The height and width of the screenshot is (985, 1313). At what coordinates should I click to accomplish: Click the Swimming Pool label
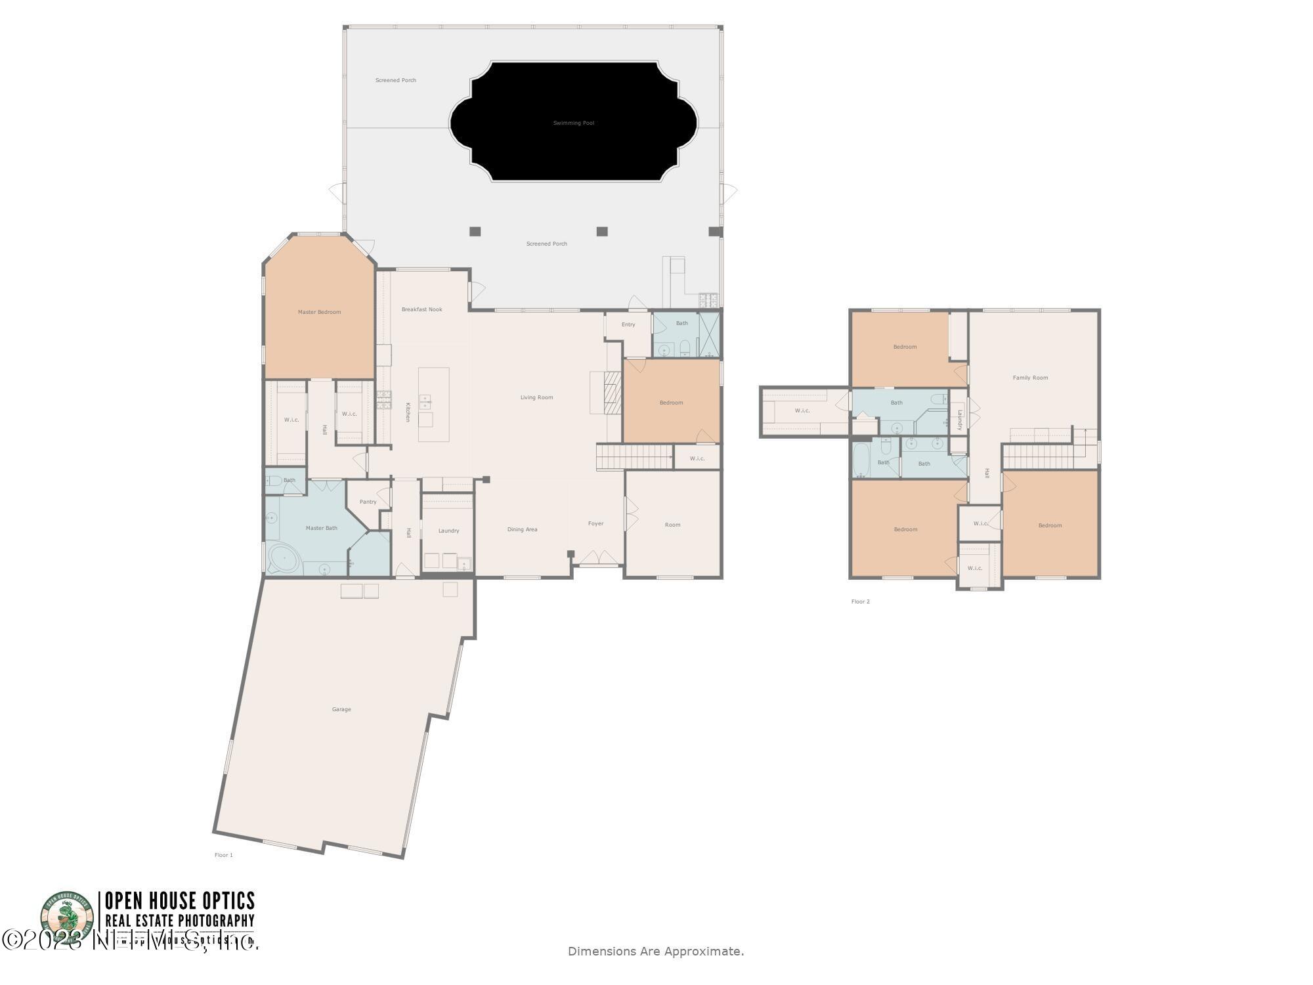click(573, 123)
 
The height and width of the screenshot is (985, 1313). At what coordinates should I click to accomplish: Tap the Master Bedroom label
click(319, 312)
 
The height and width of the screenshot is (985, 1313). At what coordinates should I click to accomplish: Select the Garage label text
click(341, 709)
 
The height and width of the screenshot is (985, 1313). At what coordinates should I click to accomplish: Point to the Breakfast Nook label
click(421, 309)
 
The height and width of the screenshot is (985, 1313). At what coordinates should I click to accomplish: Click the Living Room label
click(536, 397)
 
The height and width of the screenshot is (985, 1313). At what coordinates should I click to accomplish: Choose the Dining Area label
click(522, 529)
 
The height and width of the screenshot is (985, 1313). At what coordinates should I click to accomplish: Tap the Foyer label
click(595, 523)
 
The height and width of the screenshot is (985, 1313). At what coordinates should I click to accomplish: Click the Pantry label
click(368, 502)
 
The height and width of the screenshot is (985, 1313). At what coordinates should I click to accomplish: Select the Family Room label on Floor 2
click(1030, 378)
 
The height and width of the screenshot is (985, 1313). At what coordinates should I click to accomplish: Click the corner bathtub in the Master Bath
click(283, 558)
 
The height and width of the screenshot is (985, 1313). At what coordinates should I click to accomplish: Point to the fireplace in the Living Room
click(611, 393)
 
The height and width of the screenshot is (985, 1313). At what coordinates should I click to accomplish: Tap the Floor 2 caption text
click(860, 602)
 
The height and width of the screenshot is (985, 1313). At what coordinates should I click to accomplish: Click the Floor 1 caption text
click(223, 855)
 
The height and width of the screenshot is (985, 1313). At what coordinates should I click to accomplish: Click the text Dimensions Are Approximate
click(655, 951)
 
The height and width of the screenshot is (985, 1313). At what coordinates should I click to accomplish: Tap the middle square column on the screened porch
click(601, 231)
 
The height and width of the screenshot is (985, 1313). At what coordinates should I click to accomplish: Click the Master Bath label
click(321, 528)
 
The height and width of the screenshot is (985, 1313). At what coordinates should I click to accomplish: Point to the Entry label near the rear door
click(628, 324)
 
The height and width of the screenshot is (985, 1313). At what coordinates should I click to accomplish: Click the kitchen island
click(434, 405)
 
